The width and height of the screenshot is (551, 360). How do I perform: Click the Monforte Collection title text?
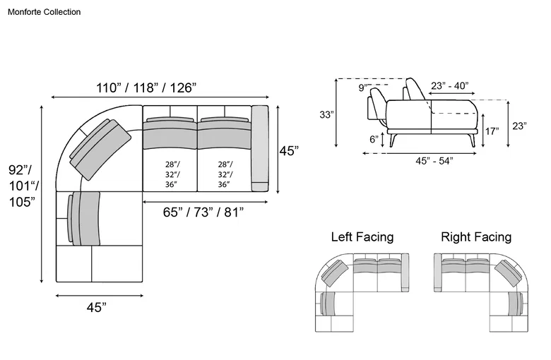pyautogui.click(x=45, y=12)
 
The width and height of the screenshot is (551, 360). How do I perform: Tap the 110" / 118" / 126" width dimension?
pyautogui.click(x=146, y=88)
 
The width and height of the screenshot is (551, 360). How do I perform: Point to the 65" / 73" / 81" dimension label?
pyautogui.click(x=203, y=212)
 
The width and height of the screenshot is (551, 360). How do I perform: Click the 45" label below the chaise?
pyautogui.click(x=97, y=307)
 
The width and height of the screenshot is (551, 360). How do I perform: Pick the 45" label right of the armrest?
pyautogui.click(x=289, y=151)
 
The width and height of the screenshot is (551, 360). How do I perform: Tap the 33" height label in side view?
pyautogui.click(x=326, y=114)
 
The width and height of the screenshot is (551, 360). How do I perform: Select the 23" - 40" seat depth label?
pyautogui.click(x=450, y=85)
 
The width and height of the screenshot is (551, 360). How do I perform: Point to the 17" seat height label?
pyautogui.click(x=492, y=131)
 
